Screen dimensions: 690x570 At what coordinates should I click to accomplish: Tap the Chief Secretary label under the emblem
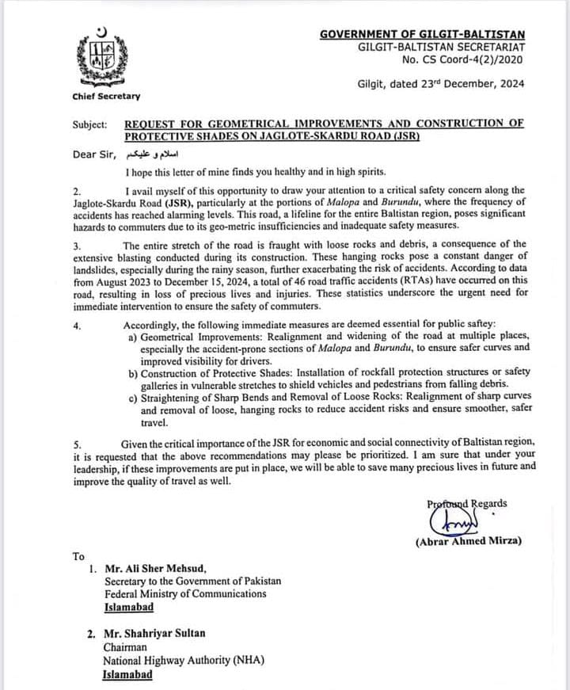[106, 97]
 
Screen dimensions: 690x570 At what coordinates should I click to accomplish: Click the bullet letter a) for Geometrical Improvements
[132, 337]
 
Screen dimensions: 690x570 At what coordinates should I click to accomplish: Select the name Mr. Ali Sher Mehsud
[156, 569]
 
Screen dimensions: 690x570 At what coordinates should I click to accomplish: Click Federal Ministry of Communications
[190, 594]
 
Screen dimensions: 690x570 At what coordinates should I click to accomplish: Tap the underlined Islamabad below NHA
[127, 674]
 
